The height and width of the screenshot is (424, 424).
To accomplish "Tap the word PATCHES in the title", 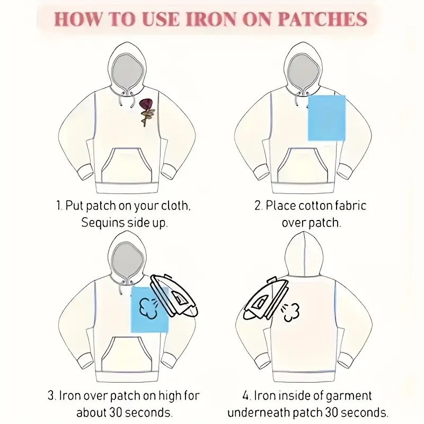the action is tap(322, 19).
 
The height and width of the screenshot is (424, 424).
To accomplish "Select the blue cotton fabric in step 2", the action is tap(326, 118).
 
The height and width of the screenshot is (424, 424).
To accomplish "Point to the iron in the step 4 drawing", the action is tap(265, 298).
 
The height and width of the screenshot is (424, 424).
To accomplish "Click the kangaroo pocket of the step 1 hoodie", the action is tap(127, 165).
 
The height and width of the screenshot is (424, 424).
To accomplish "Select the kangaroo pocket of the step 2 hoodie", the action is tap(303, 165).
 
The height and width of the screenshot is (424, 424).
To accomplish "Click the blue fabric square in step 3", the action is tap(149, 310).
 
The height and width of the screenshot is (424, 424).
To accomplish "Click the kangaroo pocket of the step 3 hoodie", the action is tap(127, 354).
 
